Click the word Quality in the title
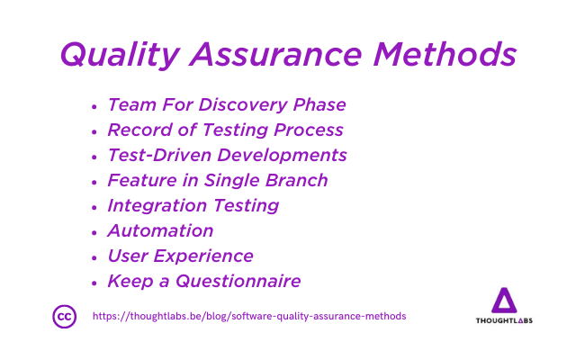pyautogui.click(x=120, y=55)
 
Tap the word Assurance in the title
pyautogui.click(x=275, y=54)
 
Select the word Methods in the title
pyautogui.click(x=445, y=54)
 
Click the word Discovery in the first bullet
pyautogui.click(x=243, y=105)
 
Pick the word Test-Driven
pyautogui.click(x=160, y=155)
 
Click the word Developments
pyautogui.click(x=282, y=156)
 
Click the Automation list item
pyautogui.click(x=160, y=231)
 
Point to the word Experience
pyautogui.click(x=203, y=256)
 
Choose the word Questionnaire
pyautogui.click(x=238, y=282)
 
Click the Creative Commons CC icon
pyautogui.click(x=65, y=316)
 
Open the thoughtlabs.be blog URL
pyautogui.click(x=249, y=316)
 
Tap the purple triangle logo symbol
pyautogui.click(x=504, y=300)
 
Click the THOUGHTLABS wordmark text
pyautogui.click(x=504, y=320)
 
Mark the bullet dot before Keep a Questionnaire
pyautogui.click(x=94, y=283)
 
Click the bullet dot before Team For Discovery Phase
pyautogui.click(x=94, y=107)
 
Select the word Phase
pyautogui.click(x=319, y=104)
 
